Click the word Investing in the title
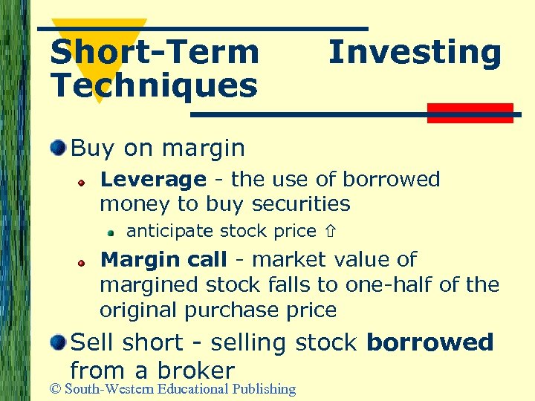pyautogui.click(x=415, y=53)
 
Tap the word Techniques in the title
pyautogui.click(x=154, y=85)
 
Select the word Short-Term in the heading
pyautogui.click(x=155, y=53)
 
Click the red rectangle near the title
pyautogui.click(x=470, y=113)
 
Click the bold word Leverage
pyautogui.click(x=152, y=180)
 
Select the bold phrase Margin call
pyautogui.click(x=163, y=260)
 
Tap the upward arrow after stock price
pyautogui.click(x=328, y=232)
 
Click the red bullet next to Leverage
pyautogui.click(x=85, y=182)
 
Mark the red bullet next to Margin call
pyautogui.click(x=85, y=262)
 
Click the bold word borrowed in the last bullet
pyautogui.click(x=429, y=342)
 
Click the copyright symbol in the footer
pyautogui.click(x=54, y=388)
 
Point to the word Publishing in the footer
pyautogui.click(x=264, y=389)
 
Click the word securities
pyautogui.click(x=301, y=203)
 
